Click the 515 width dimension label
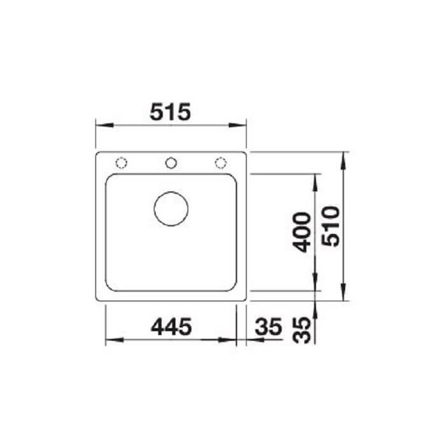coord(170,112)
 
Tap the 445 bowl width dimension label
coord(172,326)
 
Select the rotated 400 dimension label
coord(301,232)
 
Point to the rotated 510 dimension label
coord(331,226)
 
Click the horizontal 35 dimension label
coord(268,326)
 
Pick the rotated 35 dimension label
coord(301,330)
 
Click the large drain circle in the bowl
coord(171,209)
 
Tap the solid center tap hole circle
coord(171,163)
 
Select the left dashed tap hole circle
coord(121,163)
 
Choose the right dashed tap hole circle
coord(221,163)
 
